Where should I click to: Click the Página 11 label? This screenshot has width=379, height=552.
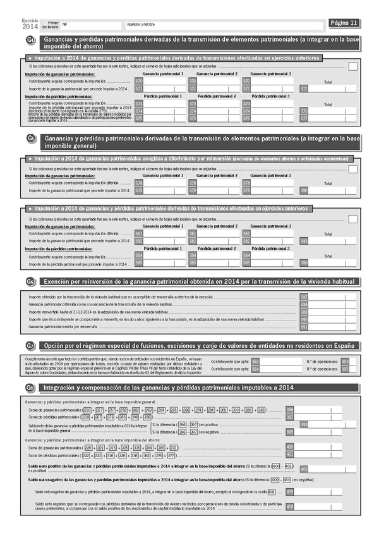pos(344,23)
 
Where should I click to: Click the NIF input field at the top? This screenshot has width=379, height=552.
pos(88,24)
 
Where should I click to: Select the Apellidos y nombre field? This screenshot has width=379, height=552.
pos(221,24)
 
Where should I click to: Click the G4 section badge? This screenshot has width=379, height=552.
pos(30,42)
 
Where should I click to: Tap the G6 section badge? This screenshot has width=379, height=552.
pos(30,281)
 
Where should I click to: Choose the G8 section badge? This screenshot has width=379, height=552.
pos(30,387)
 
